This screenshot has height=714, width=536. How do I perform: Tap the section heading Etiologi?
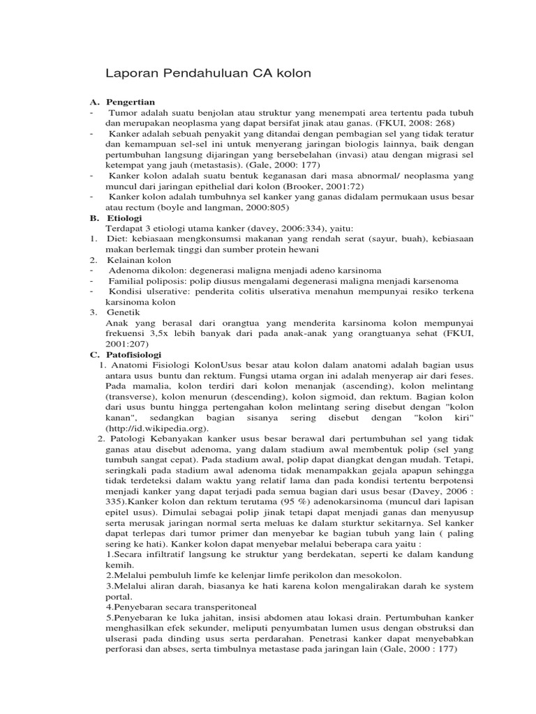pos(124,218)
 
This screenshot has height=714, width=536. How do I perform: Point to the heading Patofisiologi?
pos(134,354)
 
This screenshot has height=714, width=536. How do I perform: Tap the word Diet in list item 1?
pos(117,238)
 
